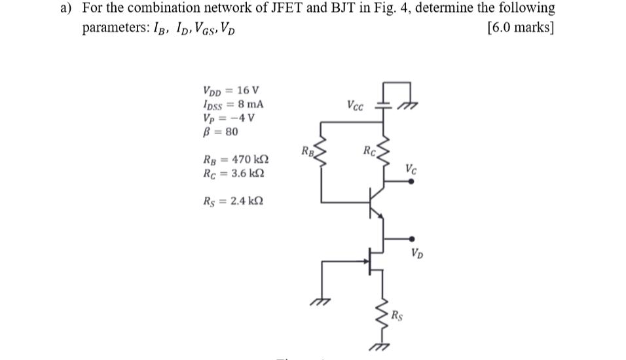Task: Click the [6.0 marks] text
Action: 521,29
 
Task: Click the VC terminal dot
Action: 411,183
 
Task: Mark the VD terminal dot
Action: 411,239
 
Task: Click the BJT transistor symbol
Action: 377,199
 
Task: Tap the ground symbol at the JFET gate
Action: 322,300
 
